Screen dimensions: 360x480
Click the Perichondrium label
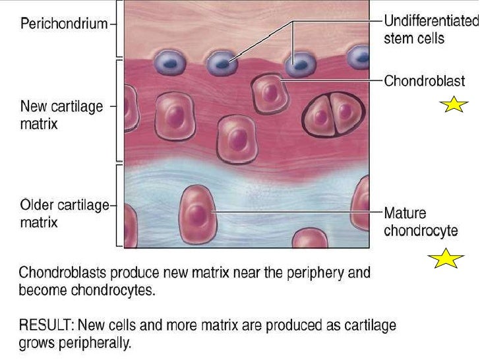[63, 24]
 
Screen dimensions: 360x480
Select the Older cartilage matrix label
[63, 214]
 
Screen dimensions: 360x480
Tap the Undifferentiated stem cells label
[431, 30]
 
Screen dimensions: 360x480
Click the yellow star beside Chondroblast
[456, 104]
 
